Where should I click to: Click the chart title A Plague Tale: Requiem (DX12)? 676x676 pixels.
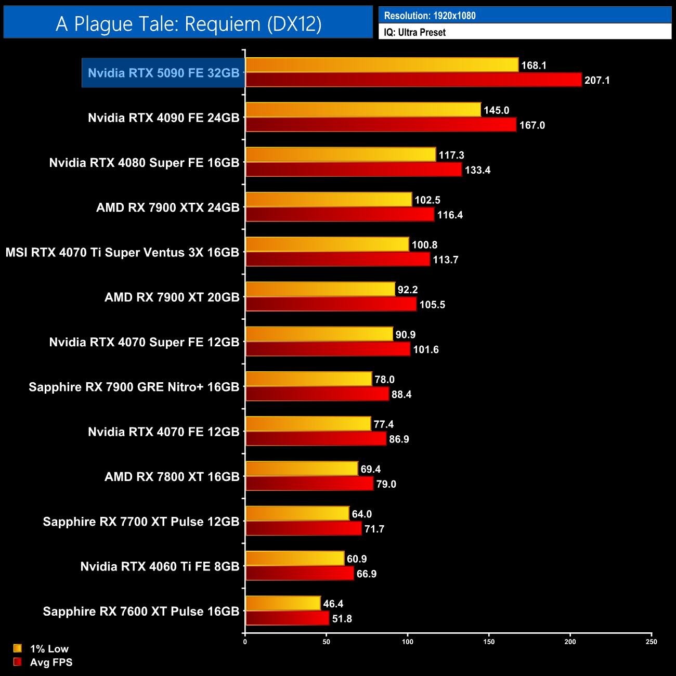click(x=188, y=24)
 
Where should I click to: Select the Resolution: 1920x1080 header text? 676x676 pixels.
click(x=430, y=16)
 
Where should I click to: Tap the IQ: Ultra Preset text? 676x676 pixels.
click(x=414, y=32)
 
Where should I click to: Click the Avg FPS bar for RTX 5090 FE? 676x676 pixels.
click(x=413, y=80)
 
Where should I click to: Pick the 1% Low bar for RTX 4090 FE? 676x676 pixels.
click(x=363, y=110)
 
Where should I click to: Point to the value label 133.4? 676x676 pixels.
click(x=477, y=170)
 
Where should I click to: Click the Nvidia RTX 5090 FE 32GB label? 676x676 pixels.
click(x=163, y=73)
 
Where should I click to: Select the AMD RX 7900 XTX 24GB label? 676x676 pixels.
click(x=167, y=207)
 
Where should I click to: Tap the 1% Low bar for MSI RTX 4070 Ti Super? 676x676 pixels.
click(x=327, y=244)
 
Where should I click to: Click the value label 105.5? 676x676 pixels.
click(x=432, y=305)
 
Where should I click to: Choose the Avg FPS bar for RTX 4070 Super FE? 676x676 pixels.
click(x=328, y=349)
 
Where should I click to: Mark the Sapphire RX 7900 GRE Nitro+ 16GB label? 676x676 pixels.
click(x=134, y=387)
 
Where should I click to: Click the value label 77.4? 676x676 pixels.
click(x=384, y=424)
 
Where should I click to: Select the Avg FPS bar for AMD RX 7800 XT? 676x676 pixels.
click(x=309, y=484)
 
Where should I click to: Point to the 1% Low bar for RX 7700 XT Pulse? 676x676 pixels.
click(x=297, y=514)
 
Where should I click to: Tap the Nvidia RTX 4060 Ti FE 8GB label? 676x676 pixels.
click(x=160, y=566)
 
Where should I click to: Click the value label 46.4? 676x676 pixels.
click(x=333, y=604)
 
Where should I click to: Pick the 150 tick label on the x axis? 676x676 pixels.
click(x=489, y=642)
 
